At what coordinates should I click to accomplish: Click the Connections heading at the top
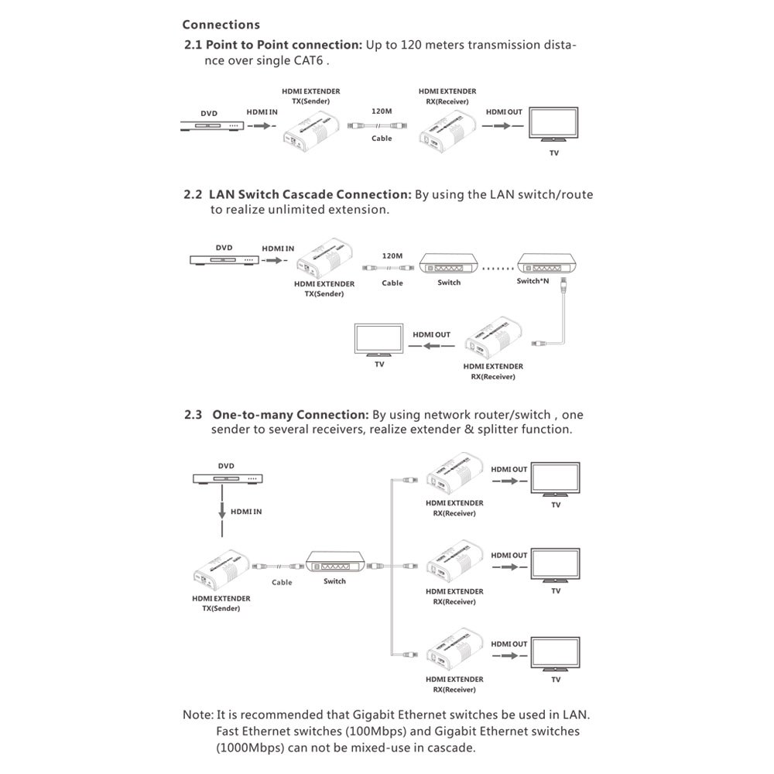pyautogui.click(x=221, y=25)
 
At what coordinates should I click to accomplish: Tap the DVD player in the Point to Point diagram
pyautogui.click(x=212, y=126)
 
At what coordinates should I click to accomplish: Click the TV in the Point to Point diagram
pyautogui.click(x=553, y=125)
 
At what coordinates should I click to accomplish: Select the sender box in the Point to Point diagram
pyautogui.click(x=311, y=130)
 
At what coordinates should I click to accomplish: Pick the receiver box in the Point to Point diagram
pyautogui.click(x=447, y=130)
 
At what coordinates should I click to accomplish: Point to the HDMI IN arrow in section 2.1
pyautogui.click(x=262, y=126)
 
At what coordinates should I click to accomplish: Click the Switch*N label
pyautogui.click(x=533, y=281)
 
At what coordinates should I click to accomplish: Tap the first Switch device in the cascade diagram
pyautogui.click(x=449, y=265)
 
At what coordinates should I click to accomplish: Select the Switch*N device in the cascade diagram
pyautogui.click(x=546, y=264)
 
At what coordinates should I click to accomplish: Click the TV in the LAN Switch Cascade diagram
pyautogui.click(x=378, y=340)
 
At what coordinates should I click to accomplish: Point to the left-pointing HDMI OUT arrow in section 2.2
pyautogui.click(x=431, y=345)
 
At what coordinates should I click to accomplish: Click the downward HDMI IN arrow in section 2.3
pyautogui.click(x=222, y=511)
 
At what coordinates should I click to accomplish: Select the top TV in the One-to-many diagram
pyautogui.click(x=555, y=480)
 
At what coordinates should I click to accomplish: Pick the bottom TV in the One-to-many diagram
pyautogui.click(x=555, y=654)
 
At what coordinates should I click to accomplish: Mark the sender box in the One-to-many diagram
pyautogui.click(x=221, y=570)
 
